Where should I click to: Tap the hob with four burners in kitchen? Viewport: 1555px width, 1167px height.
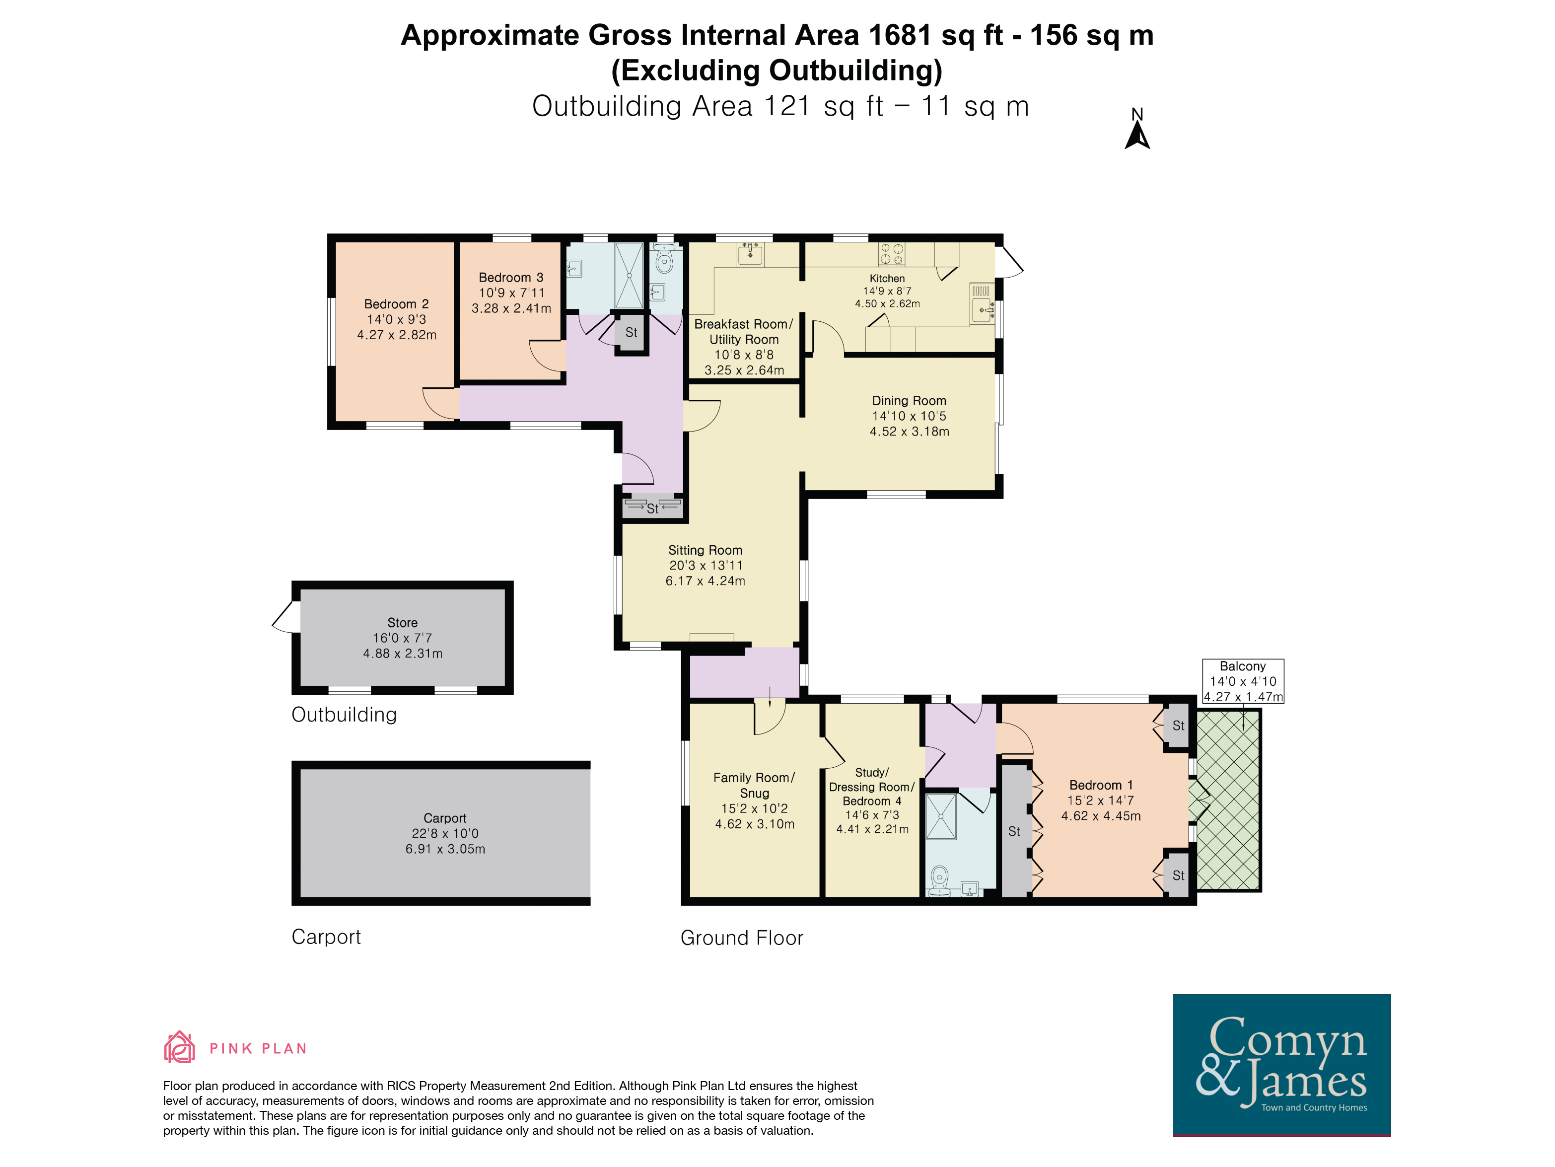coord(891,254)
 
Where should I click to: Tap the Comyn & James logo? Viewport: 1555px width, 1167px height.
coord(1281,1064)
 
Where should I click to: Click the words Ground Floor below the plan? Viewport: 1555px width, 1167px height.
coord(742,938)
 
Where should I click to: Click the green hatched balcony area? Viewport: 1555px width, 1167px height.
coord(1228,800)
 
